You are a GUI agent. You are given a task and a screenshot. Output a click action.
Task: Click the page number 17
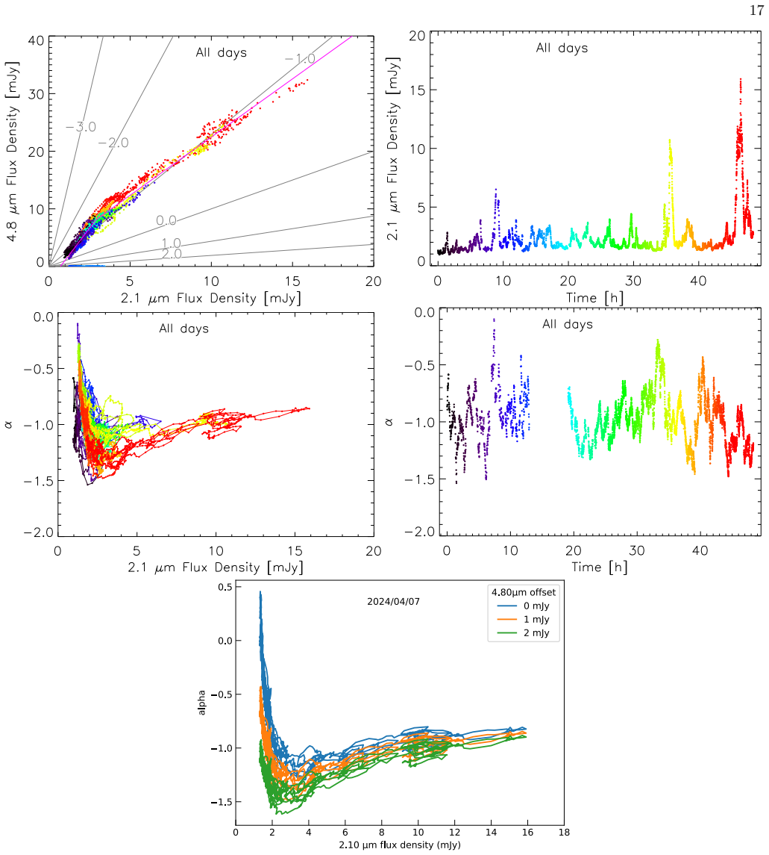point(756,10)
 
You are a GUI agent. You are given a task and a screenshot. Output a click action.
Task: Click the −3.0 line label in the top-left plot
point(81,127)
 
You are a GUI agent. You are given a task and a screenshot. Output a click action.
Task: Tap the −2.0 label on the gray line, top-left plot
point(113,143)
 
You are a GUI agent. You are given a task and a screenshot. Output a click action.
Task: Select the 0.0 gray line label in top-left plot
point(166,220)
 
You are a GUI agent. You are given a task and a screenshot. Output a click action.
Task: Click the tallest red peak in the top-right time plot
point(740,80)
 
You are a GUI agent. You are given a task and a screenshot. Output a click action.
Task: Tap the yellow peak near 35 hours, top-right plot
point(669,140)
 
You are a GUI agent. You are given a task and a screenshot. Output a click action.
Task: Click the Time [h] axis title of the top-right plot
point(594,298)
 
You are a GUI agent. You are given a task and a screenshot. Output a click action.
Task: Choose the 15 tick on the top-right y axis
point(417,90)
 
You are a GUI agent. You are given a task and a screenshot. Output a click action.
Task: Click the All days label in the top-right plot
point(562,48)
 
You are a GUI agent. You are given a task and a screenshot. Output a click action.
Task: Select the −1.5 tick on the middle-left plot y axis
point(39,481)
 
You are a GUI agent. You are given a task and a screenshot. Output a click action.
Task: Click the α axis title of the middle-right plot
point(389,422)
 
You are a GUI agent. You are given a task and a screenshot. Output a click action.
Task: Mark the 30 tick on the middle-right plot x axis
point(637,551)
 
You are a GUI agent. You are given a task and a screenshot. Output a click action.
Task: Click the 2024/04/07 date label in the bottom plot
point(393,601)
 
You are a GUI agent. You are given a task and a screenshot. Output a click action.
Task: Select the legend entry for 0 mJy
point(524,606)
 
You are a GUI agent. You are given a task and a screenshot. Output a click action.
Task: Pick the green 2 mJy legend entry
point(524,633)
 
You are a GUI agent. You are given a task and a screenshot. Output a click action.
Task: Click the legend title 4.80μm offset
point(524,592)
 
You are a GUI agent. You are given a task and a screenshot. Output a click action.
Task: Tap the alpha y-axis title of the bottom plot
point(202,703)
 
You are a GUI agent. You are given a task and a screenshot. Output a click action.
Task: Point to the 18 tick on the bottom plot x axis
point(564,832)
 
